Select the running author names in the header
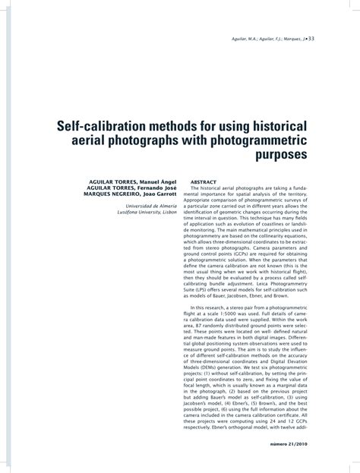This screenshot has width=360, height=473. (x=284, y=39)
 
